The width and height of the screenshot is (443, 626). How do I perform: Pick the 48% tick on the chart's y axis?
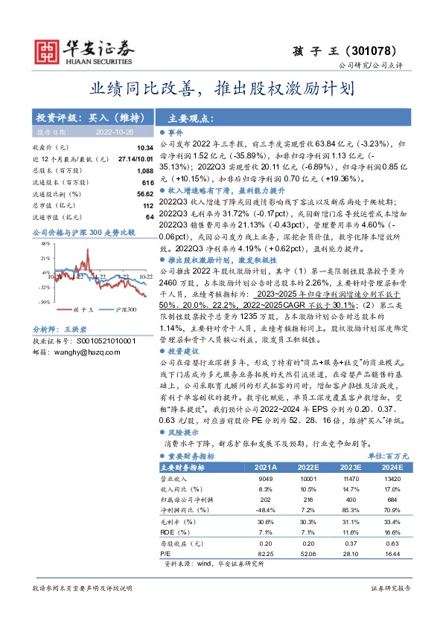click(x=45, y=243)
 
